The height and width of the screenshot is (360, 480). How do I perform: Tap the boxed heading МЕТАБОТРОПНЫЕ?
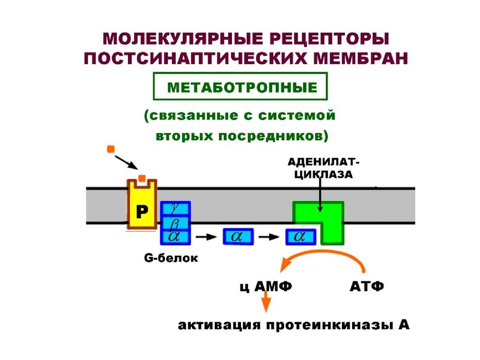(239, 87)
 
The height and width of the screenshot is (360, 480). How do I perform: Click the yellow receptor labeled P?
(142, 210)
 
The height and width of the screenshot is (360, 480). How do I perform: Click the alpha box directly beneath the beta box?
(175, 237)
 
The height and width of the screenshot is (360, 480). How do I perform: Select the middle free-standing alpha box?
(238, 237)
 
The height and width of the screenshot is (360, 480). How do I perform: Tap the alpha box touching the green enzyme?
(300, 237)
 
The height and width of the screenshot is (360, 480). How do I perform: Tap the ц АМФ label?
(262, 286)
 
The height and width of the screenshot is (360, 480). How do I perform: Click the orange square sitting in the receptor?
(142, 178)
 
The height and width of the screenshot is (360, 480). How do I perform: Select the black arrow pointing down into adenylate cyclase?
(320, 197)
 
